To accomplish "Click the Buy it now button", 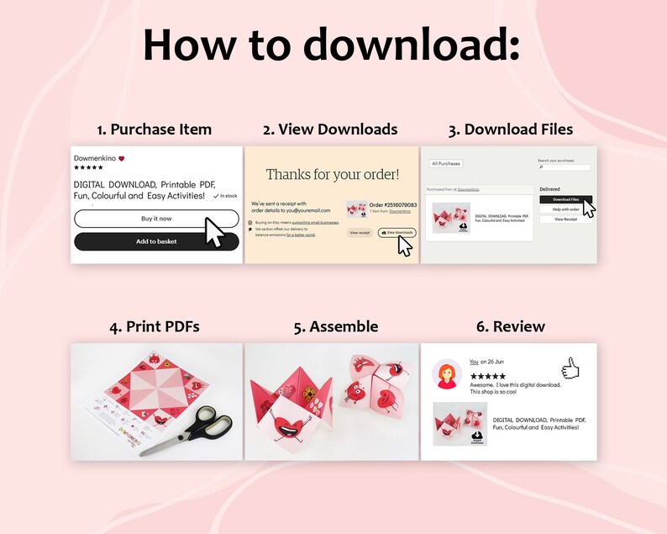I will click(x=156, y=219).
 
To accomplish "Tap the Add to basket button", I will click(x=156, y=241).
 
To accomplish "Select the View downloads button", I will click(x=397, y=232).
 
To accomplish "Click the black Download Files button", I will click(x=565, y=199).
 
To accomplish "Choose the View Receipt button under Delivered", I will click(x=565, y=219).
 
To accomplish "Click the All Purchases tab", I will click(x=445, y=163).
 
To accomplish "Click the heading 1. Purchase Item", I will click(x=154, y=130).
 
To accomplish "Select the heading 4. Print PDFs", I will click(x=154, y=326).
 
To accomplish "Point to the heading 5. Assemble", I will click(x=336, y=326).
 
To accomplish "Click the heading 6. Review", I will click(x=508, y=326).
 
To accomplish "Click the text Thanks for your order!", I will click(x=333, y=175).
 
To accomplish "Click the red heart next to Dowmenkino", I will click(x=121, y=158).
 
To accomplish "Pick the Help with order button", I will click(x=565, y=209).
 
